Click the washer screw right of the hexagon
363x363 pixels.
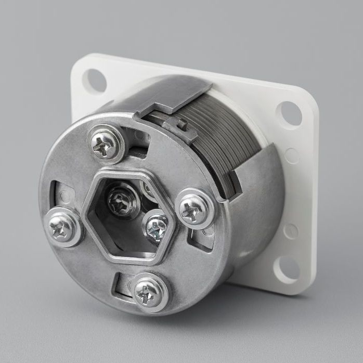[x=195, y=210]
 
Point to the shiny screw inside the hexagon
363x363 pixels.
[x=157, y=226]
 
